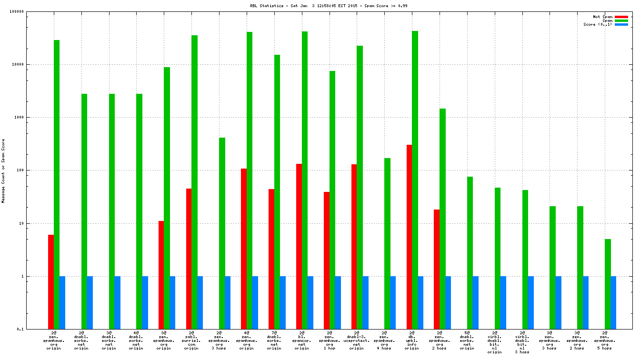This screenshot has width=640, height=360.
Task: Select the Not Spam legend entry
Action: [602, 17]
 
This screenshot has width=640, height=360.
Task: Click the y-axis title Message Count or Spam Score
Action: [3, 171]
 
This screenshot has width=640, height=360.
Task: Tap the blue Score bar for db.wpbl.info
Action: [420, 302]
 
